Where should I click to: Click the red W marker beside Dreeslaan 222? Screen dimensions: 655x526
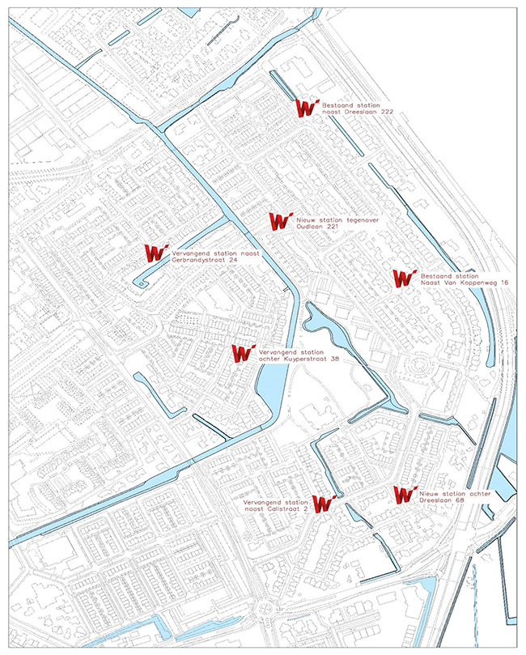click(306, 108)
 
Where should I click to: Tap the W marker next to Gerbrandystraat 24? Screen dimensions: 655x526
click(155, 254)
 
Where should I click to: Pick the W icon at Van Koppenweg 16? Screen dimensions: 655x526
click(404, 279)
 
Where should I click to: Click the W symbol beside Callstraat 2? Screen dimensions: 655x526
click(324, 504)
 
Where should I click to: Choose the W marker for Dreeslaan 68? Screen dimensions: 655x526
click(404, 495)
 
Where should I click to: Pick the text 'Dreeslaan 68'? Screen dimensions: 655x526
click(442, 500)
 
